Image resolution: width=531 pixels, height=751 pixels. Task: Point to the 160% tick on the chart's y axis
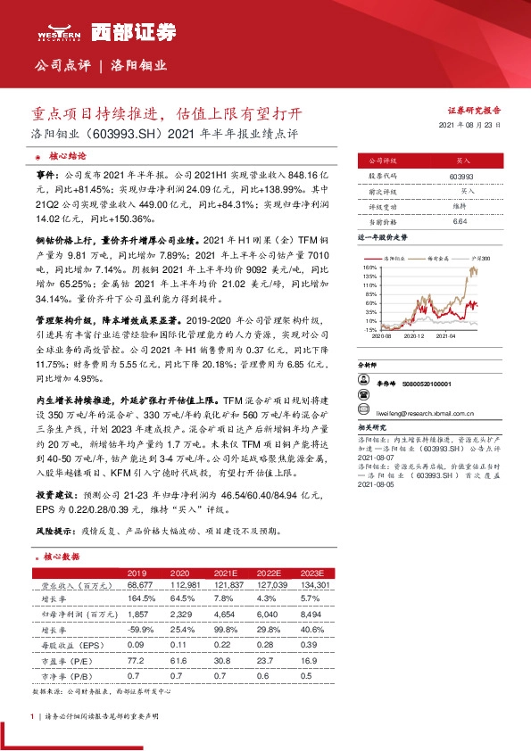(369, 267)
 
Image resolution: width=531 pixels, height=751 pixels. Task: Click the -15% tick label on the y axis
(369, 329)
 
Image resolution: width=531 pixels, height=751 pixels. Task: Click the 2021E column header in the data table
(226, 572)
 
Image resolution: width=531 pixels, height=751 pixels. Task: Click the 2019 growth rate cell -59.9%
(136, 628)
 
